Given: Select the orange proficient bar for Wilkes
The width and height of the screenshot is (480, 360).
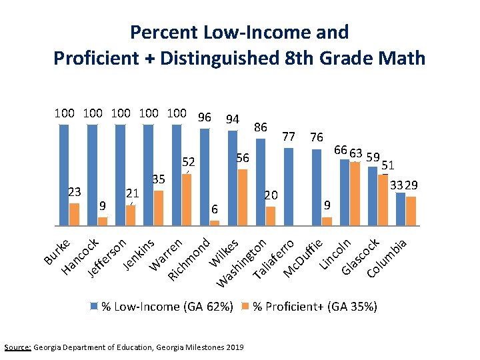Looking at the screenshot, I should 243,197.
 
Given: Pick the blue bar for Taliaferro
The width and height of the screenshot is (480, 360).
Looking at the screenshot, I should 289,187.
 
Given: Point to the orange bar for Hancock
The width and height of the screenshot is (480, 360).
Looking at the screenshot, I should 102,221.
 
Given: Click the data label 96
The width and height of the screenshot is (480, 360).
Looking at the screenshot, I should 204,118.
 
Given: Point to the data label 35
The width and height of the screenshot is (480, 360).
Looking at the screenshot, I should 159,179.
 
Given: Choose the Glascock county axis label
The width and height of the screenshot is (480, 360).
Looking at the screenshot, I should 362,257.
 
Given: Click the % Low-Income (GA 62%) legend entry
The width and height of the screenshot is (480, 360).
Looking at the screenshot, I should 162,307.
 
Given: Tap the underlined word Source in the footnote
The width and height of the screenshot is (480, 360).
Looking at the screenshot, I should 17,347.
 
